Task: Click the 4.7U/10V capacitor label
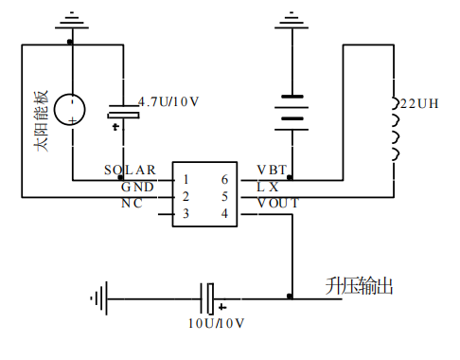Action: click(x=169, y=101)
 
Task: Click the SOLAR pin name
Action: click(x=130, y=171)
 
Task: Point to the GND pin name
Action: click(x=136, y=187)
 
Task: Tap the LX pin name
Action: click(x=268, y=187)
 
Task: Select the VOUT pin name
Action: click(x=277, y=204)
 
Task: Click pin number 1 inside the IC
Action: click(x=186, y=179)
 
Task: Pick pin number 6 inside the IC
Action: click(x=224, y=179)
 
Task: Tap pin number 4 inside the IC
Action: click(x=224, y=214)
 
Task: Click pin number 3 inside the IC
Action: click(x=186, y=214)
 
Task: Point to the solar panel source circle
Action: click(x=72, y=110)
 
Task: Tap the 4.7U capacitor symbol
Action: click(x=122, y=113)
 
